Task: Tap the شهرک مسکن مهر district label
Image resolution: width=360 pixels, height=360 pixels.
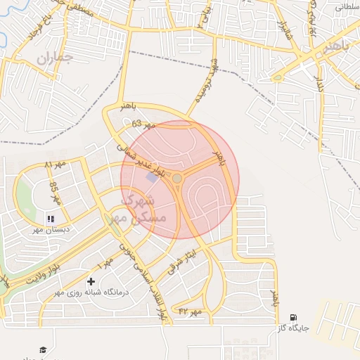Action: coord(143,208)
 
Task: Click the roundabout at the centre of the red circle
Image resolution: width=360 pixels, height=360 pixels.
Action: coord(177,179)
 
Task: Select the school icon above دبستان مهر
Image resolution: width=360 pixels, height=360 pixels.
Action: coord(51,219)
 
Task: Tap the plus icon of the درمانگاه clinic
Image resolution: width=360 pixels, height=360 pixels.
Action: coord(91,282)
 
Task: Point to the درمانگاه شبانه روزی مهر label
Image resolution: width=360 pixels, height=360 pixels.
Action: coord(90,292)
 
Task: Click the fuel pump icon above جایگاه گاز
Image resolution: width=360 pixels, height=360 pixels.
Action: coord(293,318)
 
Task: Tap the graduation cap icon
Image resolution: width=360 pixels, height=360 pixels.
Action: coord(43,349)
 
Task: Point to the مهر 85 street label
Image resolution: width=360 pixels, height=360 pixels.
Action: coord(56,193)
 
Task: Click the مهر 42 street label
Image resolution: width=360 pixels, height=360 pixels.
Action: coord(190,310)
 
